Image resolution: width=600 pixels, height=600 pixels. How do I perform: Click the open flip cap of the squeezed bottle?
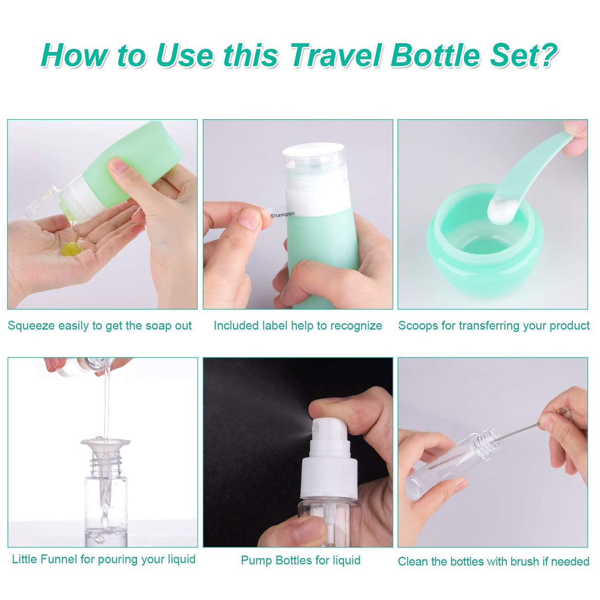42,203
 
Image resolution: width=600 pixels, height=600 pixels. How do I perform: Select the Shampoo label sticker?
282,214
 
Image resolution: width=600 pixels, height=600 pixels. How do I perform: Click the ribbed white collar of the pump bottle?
329,477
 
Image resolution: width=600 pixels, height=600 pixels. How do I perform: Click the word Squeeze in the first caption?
31,326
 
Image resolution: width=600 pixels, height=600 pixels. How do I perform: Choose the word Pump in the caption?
256,560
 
